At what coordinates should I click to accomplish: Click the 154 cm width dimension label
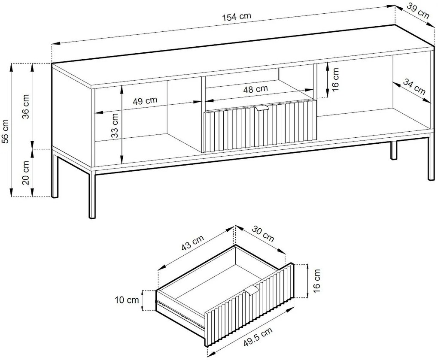point(237,17)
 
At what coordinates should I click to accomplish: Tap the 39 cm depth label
point(418,11)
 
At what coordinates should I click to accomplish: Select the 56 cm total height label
point(5,131)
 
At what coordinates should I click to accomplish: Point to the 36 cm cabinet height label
point(26,106)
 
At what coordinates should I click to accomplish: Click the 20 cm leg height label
point(26,172)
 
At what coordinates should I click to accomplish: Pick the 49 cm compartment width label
point(145,100)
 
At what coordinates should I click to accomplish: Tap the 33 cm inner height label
point(115,125)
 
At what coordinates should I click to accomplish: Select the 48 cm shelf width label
point(255,89)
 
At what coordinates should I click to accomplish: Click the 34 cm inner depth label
point(414,87)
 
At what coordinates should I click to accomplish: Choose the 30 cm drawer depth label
point(263,233)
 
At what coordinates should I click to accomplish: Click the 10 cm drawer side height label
point(127,300)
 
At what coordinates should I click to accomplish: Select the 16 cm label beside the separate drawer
point(316,281)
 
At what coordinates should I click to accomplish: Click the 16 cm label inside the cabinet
point(335,79)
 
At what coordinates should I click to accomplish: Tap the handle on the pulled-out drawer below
point(252,289)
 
